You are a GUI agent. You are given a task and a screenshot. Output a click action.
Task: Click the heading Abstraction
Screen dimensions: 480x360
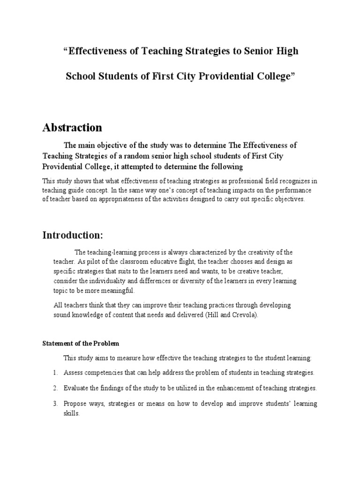tap(72, 127)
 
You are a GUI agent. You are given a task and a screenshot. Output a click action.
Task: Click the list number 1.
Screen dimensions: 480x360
tap(55, 373)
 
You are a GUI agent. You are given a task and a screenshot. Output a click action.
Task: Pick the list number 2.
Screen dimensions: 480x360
tap(55, 388)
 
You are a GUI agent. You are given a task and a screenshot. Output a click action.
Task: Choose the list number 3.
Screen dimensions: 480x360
tap(55, 404)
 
